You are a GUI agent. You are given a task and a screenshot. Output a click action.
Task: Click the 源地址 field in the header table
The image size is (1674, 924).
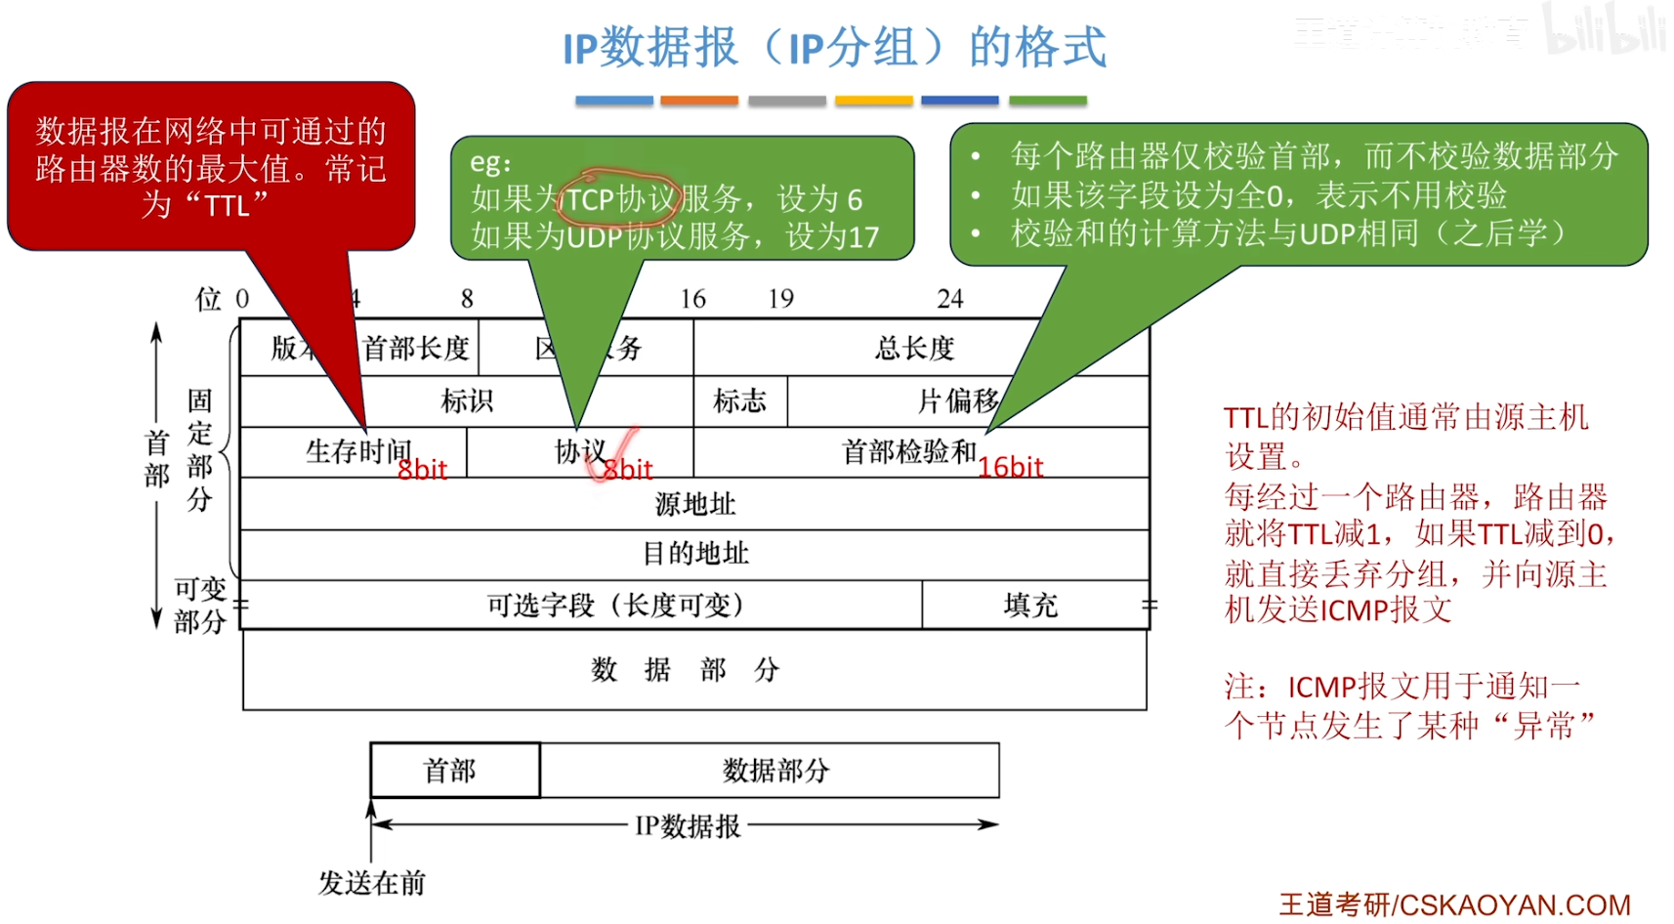point(694,504)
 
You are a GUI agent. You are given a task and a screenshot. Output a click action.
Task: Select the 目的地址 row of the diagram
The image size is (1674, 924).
point(694,554)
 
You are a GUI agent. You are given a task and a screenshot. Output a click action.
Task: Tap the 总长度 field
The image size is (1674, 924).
point(914,348)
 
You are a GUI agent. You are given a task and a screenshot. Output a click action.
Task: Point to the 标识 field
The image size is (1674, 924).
point(467,401)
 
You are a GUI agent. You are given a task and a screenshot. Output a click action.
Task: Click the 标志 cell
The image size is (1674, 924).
point(739,401)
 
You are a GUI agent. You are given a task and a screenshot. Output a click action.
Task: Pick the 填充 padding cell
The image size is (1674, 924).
point(1030,606)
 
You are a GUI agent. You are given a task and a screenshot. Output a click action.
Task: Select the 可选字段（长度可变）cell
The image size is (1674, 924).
point(615,606)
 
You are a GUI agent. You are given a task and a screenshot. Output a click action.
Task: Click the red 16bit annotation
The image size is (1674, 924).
point(1011,468)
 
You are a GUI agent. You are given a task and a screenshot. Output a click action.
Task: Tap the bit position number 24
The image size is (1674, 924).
point(949,299)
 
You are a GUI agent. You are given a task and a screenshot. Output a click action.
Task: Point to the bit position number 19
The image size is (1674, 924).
point(780,299)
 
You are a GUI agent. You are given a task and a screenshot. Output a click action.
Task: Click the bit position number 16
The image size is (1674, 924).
point(692,299)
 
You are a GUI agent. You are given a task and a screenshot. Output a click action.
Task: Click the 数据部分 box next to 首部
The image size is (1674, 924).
point(774,771)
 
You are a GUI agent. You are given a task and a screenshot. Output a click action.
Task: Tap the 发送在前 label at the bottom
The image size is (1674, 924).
point(371,883)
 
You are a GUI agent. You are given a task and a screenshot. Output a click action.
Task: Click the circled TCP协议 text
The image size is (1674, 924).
point(621,199)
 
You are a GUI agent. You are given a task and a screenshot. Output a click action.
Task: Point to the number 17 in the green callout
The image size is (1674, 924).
point(863,237)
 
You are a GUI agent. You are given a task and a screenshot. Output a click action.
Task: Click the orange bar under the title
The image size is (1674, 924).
point(698,101)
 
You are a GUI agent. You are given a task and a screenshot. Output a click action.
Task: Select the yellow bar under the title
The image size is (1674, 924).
point(873,101)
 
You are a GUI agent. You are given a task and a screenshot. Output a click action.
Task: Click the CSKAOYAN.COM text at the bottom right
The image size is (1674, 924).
point(1515,905)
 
